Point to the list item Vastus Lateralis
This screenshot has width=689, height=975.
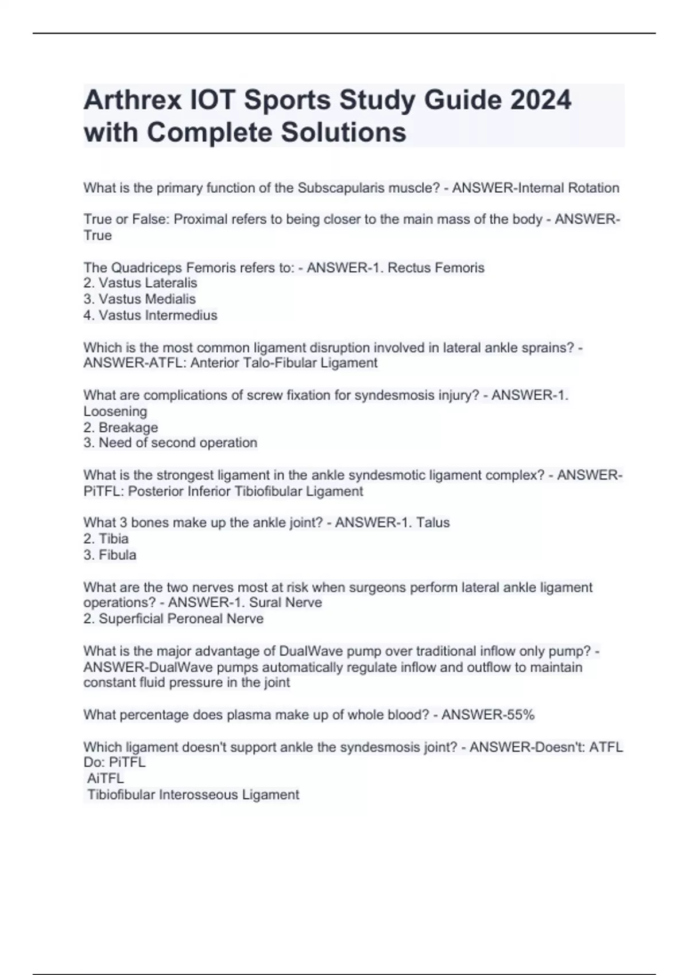coord(148,283)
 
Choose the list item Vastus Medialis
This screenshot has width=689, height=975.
coord(147,299)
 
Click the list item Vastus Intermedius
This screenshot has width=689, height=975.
coord(158,315)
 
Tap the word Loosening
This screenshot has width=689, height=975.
coord(115,412)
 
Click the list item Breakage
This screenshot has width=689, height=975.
coord(128,428)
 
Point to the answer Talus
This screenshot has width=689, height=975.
coord(433,523)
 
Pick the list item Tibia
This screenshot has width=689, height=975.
coord(114,539)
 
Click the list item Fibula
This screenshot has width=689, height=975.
coord(118,555)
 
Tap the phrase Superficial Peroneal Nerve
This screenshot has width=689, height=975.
coord(181,619)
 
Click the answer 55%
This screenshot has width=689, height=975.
coord(520,715)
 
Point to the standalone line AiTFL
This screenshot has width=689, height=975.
coord(106,779)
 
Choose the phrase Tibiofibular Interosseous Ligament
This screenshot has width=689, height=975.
coord(193,795)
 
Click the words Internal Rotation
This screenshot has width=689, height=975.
coord(568,188)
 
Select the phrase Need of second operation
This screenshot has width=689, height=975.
coord(178,443)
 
